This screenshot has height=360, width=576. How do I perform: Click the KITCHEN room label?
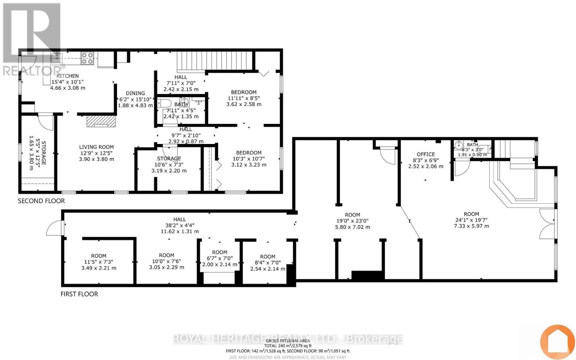click(68, 76)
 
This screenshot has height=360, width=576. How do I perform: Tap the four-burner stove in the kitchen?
click(87, 58)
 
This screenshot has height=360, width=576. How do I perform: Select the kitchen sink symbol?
click(57, 57)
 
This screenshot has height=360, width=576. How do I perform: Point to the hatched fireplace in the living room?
click(101, 121)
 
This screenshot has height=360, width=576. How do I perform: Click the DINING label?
click(135, 93)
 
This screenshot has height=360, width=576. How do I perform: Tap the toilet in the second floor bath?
click(165, 103)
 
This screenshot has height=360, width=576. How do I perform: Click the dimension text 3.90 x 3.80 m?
click(96, 159)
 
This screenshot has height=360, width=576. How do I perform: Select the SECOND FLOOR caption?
click(41, 201)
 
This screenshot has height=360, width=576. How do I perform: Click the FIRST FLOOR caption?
click(79, 294)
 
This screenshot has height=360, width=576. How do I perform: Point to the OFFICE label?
click(426, 154)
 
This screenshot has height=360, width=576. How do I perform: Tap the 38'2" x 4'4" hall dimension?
click(179, 225)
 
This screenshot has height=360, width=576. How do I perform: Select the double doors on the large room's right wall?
click(548, 224)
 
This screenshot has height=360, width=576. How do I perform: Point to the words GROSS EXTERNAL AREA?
click(287, 341)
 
